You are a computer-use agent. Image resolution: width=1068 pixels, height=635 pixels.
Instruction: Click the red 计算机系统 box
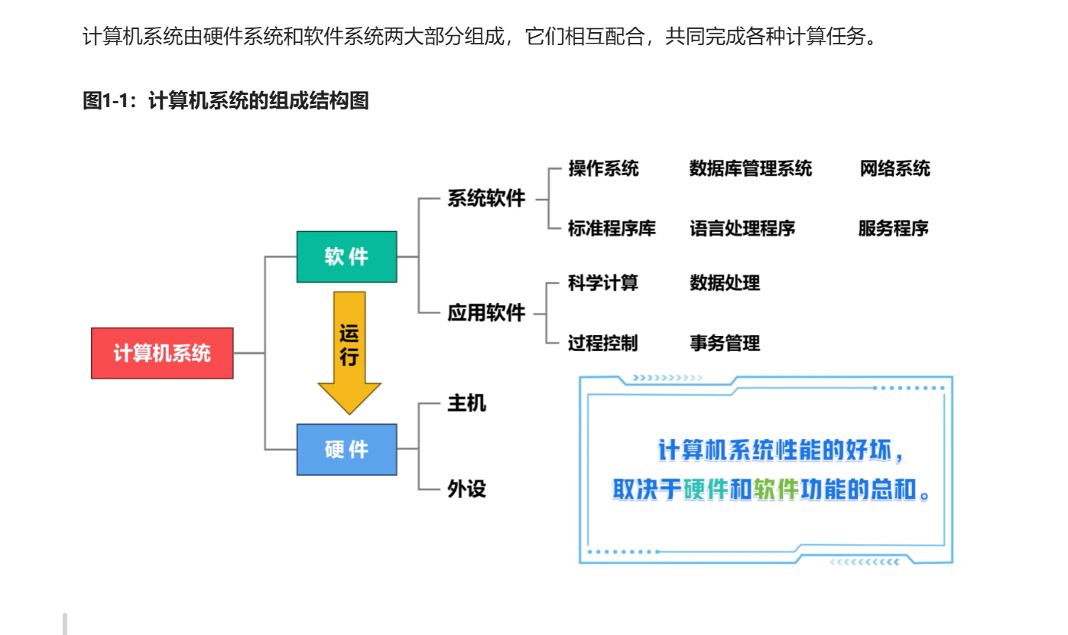click(x=162, y=353)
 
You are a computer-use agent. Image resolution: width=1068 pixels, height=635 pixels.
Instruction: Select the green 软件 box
click(x=347, y=257)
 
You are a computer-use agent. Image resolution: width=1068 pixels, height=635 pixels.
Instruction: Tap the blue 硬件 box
click(x=347, y=450)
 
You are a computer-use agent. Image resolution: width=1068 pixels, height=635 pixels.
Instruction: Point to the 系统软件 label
click(x=486, y=199)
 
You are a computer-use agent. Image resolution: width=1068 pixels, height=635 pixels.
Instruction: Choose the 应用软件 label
click(x=486, y=313)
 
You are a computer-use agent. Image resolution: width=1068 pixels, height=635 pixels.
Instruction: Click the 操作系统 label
click(x=603, y=168)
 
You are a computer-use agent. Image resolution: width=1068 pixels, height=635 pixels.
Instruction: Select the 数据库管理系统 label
click(x=750, y=168)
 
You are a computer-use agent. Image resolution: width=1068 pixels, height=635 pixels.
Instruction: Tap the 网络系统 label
click(x=894, y=168)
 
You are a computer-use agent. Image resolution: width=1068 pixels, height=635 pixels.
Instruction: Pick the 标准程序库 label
click(x=612, y=228)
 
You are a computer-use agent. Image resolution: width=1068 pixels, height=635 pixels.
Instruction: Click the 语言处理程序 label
click(x=742, y=228)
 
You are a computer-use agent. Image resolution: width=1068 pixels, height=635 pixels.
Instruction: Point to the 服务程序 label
click(x=893, y=228)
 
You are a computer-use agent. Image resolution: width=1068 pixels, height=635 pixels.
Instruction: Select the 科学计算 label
click(x=602, y=283)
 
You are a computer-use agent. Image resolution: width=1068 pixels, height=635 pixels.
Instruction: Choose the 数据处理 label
click(x=725, y=283)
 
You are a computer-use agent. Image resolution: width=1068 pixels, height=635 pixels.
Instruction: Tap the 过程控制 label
click(x=602, y=343)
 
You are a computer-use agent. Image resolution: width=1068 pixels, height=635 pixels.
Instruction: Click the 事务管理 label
click(x=725, y=343)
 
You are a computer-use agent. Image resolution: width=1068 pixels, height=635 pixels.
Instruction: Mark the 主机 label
click(x=466, y=403)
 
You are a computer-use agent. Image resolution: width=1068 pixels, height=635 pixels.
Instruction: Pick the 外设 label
click(x=466, y=489)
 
